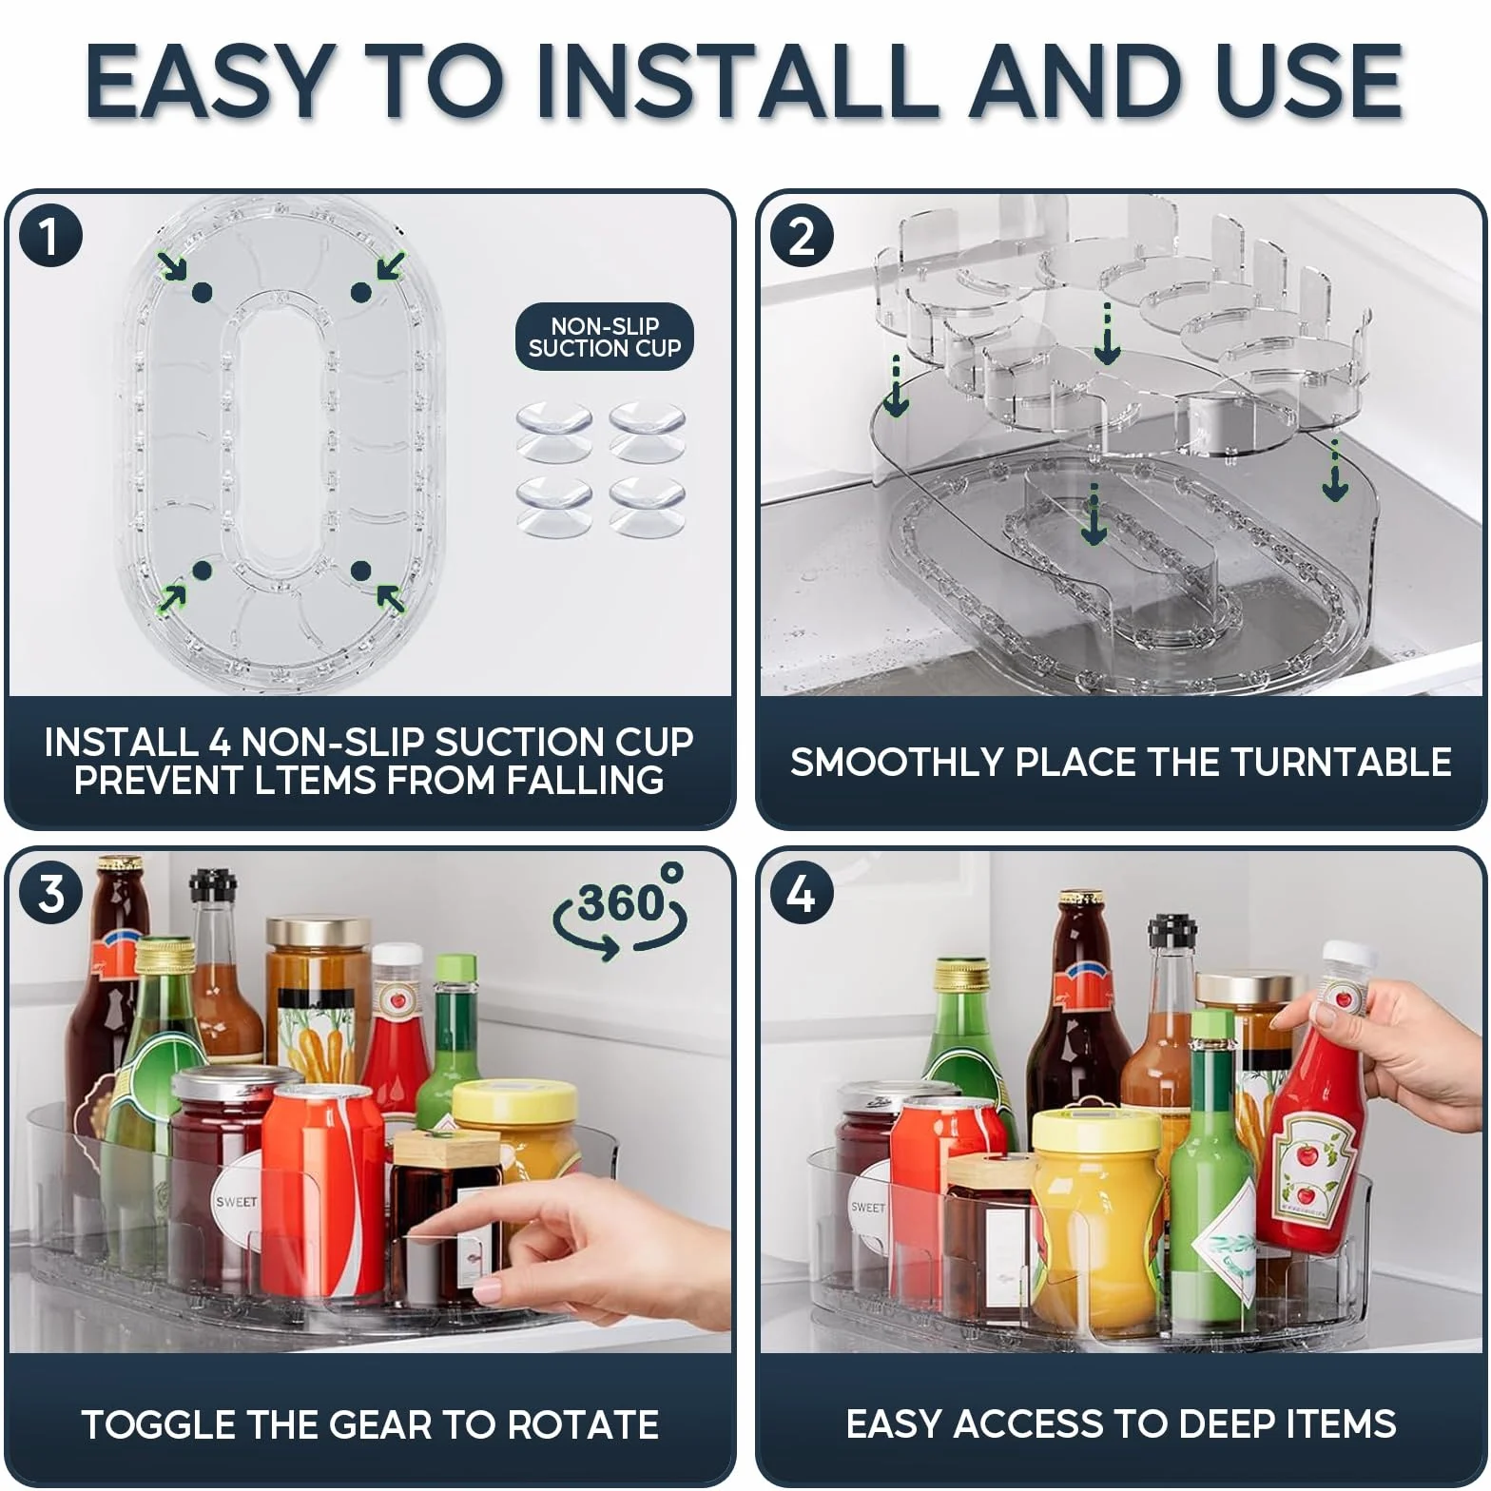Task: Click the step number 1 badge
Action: click(x=50, y=237)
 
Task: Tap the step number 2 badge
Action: click(x=802, y=237)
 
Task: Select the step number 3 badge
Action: click(x=50, y=895)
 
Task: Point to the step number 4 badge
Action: click(x=802, y=895)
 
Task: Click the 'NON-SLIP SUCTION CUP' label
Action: click(x=605, y=338)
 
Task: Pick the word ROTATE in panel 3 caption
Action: click(x=582, y=1424)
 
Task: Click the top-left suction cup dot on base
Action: click(x=203, y=293)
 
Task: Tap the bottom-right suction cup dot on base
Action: click(x=360, y=571)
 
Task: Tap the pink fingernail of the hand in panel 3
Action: click(x=487, y=1290)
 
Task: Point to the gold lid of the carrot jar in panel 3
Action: click(x=319, y=932)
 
